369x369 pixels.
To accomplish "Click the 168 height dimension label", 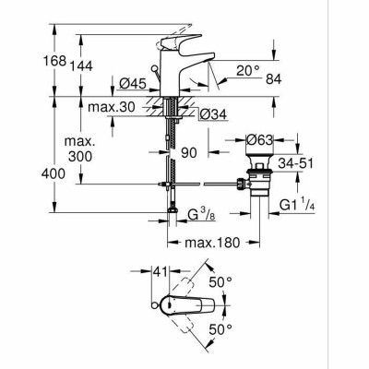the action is [54, 61].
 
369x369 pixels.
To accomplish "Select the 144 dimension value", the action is [81, 66].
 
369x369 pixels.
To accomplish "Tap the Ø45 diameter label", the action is [133, 84].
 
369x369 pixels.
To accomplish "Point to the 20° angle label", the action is [248, 71].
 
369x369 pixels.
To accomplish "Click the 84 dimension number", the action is [274, 79].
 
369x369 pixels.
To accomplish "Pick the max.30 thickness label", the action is [112, 107].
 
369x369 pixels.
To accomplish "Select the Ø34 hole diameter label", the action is [213, 114].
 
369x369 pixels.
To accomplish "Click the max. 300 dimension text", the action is [80, 149].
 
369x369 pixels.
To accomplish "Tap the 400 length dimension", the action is [54, 174].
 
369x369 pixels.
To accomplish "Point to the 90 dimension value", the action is [188, 153].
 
